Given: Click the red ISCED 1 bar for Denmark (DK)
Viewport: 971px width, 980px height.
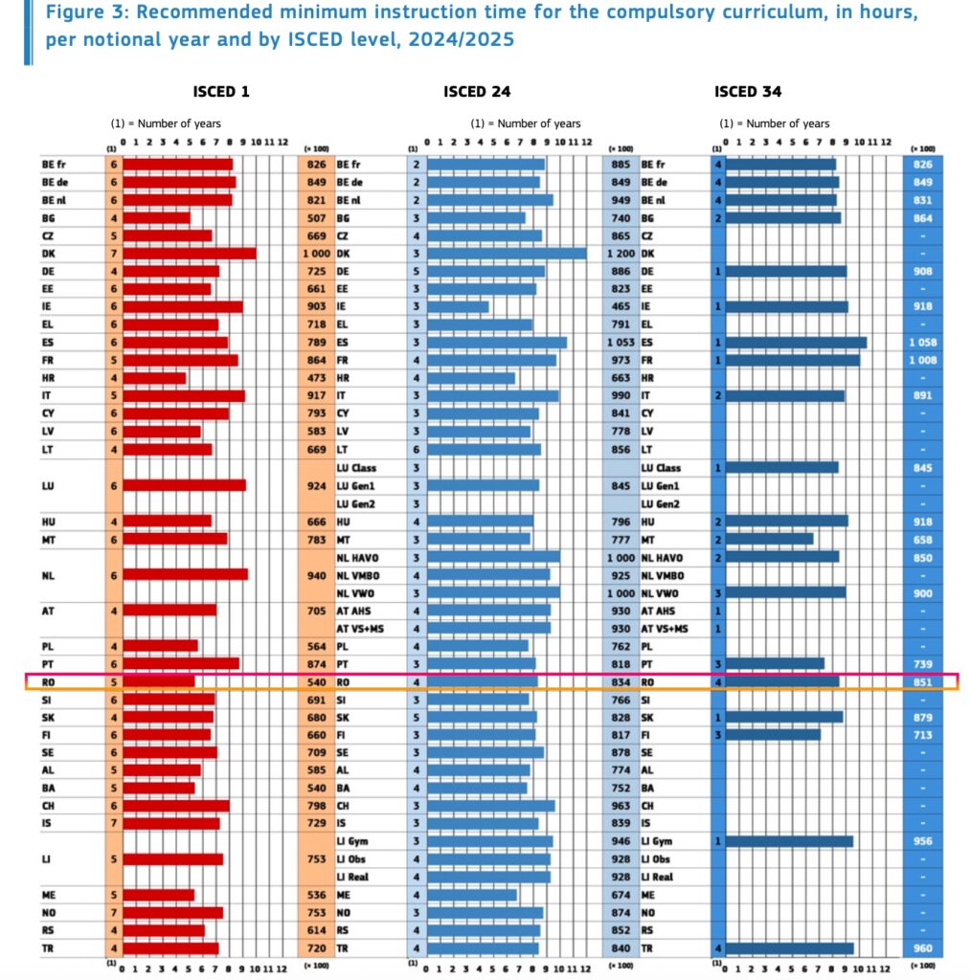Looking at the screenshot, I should (189, 254).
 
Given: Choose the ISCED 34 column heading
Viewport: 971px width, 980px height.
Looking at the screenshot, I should (747, 92).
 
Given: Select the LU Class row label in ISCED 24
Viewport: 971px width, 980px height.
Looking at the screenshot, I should (356, 468).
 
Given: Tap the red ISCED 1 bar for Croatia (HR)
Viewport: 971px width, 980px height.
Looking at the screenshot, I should (154, 378).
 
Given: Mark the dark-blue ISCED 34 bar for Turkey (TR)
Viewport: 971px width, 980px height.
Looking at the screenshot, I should (790, 948).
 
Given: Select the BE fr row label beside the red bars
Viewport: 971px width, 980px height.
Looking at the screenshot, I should (54, 165).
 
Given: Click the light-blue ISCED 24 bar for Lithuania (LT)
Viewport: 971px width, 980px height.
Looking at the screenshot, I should (484, 449).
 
